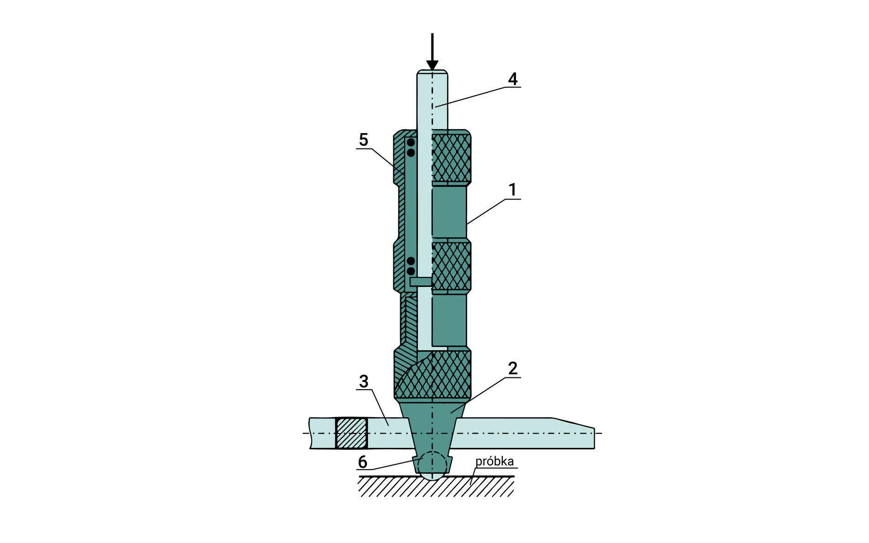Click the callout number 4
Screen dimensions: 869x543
(x=512, y=79)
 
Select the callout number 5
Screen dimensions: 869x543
(x=363, y=140)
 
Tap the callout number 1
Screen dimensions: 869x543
(x=512, y=190)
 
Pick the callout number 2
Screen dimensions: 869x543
(x=512, y=368)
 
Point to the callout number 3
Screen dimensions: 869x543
(x=363, y=382)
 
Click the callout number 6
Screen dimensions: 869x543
(x=363, y=462)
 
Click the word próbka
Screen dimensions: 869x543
(x=494, y=462)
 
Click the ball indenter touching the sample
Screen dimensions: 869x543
(x=432, y=465)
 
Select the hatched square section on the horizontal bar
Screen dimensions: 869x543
(x=351, y=433)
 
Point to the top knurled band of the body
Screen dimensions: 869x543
(x=451, y=158)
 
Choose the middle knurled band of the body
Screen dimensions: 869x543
(x=451, y=266)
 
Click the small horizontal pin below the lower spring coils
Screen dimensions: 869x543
(x=420, y=281)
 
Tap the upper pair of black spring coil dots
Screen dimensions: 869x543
(x=411, y=148)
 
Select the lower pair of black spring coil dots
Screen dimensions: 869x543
(x=411, y=266)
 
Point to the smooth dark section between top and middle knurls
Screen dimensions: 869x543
(x=449, y=212)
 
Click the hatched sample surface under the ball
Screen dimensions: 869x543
(x=436, y=487)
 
